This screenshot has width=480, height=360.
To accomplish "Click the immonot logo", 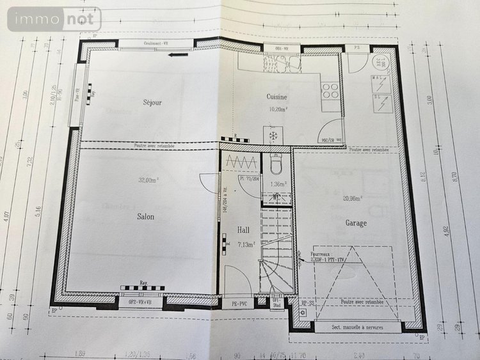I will tap(54, 19).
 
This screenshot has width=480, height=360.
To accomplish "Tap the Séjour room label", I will tap(152, 102).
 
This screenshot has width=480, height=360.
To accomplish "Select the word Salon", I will tap(145, 217).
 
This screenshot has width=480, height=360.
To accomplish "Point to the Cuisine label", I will tap(276, 97).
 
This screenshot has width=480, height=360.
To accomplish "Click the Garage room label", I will tap(356, 223).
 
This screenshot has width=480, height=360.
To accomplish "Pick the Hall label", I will tap(244, 230).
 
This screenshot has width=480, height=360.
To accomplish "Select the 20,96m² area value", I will tap(352, 198).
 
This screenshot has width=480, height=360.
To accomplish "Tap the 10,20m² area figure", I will tap(277, 109).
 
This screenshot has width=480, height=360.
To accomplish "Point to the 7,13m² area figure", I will tap(246, 244).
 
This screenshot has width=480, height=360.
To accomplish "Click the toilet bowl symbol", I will tap(276, 166).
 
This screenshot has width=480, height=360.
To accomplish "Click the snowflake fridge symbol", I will tap(273, 136).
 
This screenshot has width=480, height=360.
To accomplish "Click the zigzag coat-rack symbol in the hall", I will tap(241, 162).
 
